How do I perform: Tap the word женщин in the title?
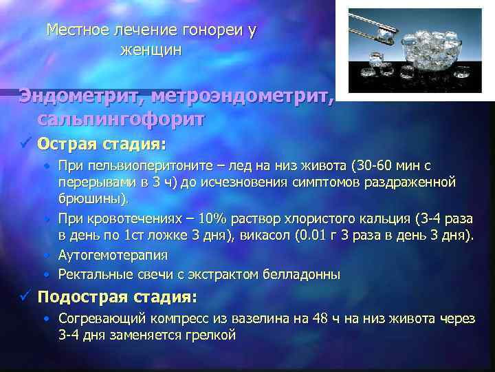[x=151, y=50]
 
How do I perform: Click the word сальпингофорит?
[x=121, y=119]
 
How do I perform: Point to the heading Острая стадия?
[x=102, y=145]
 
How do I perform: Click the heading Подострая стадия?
[x=117, y=298]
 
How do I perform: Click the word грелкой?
[x=210, y=335]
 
